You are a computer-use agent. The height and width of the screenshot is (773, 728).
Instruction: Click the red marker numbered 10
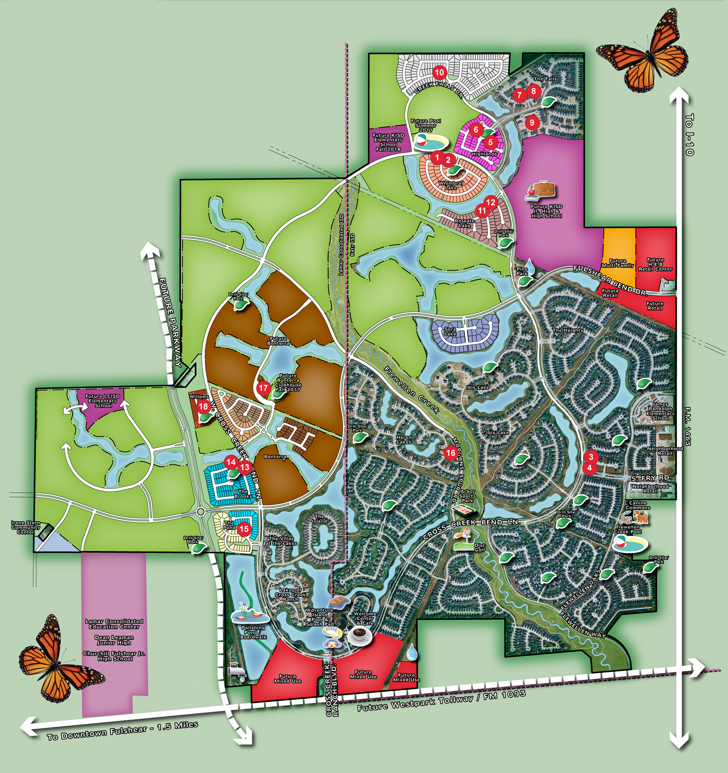pos(439,72)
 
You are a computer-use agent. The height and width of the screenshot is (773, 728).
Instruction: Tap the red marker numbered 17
pos(263,388)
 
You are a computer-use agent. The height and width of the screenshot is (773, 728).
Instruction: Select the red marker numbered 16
pos(451,453)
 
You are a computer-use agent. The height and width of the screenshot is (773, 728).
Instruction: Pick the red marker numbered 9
pos(532,123)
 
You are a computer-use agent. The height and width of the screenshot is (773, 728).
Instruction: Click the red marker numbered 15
pos(244,529)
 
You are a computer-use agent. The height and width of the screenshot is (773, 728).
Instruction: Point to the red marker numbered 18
pos(203,407)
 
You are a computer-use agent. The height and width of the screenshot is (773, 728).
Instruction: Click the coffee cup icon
pos(359,635)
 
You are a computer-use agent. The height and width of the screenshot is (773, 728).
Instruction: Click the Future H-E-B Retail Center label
pos(655,264)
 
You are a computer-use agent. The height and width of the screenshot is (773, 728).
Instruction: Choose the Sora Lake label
pos(450,331)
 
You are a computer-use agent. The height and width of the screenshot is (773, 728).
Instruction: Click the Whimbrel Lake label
pos(451,186)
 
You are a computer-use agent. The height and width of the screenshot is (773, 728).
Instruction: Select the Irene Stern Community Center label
pos(26,528)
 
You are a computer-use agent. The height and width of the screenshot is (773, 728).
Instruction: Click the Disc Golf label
pos(480,547)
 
